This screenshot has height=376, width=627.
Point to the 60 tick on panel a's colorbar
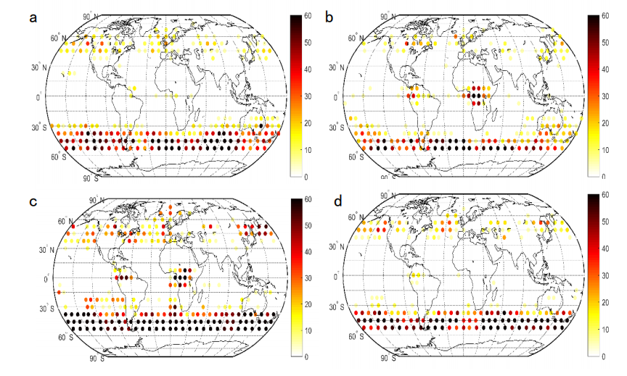(305, 14)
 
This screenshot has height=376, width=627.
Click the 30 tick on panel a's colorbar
(305, 96)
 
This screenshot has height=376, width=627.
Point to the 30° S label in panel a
(56, 126)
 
